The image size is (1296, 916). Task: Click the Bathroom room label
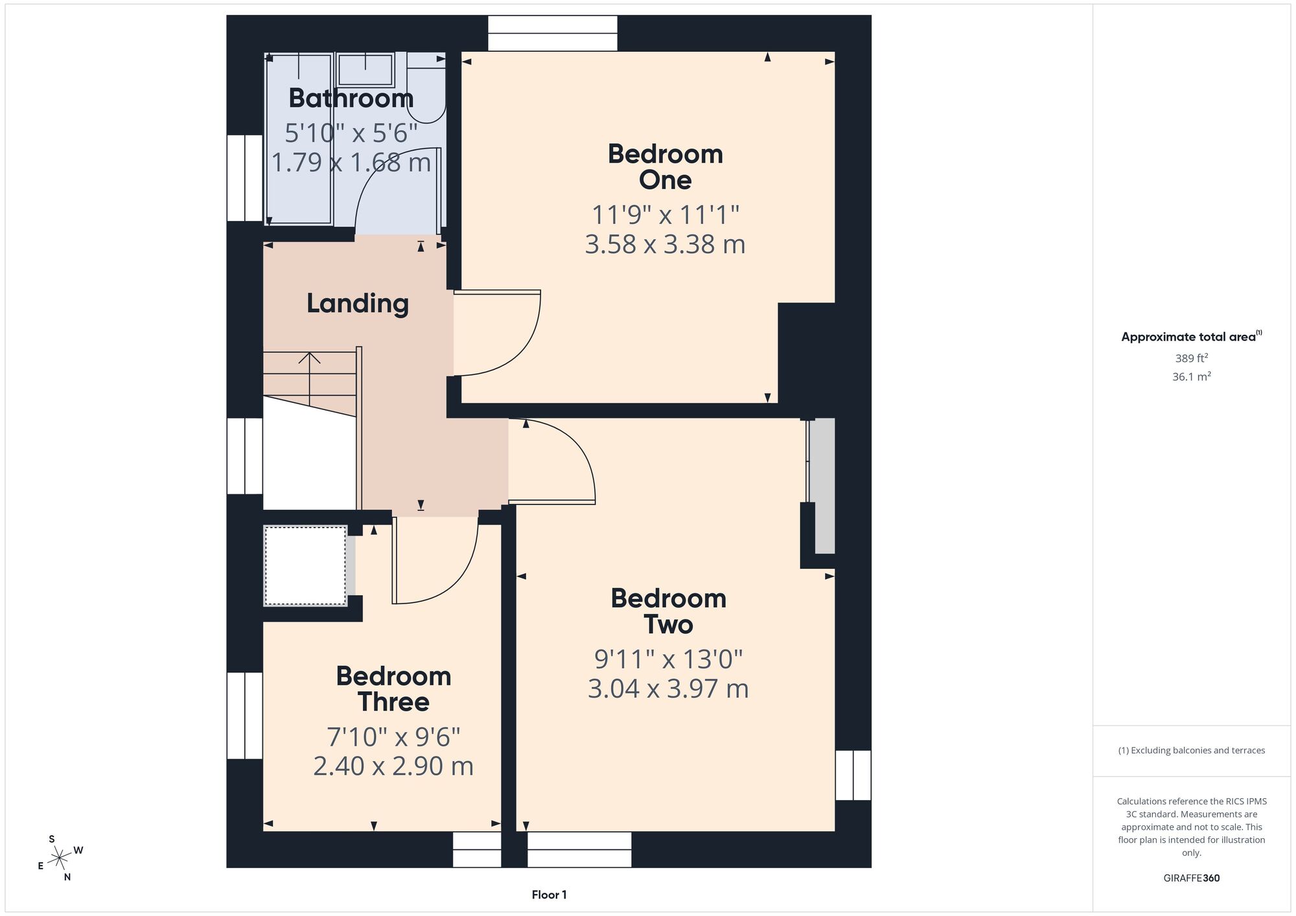tap(351, 98)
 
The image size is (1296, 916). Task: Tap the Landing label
tap(358, 304)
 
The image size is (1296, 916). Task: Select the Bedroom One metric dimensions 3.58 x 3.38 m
tap(665, 244)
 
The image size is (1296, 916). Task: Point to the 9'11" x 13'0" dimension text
tap(668, 659)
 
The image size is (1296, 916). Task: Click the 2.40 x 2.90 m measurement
tap(393, 766)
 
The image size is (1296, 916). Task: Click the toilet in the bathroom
tap(426, 88)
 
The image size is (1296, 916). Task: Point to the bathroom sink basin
tap(365, 70)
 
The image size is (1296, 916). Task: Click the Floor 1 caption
tap(549, 895)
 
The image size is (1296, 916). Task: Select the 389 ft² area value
tap(1191, 358)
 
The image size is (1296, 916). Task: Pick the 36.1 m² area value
tap(1191, 376)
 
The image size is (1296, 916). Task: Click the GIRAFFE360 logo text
tap(1191, 878)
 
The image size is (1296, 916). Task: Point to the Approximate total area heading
tap(1191, 336)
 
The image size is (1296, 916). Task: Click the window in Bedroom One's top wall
tap(553, 33)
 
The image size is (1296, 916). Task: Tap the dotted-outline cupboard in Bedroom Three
tap(305, 566)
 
